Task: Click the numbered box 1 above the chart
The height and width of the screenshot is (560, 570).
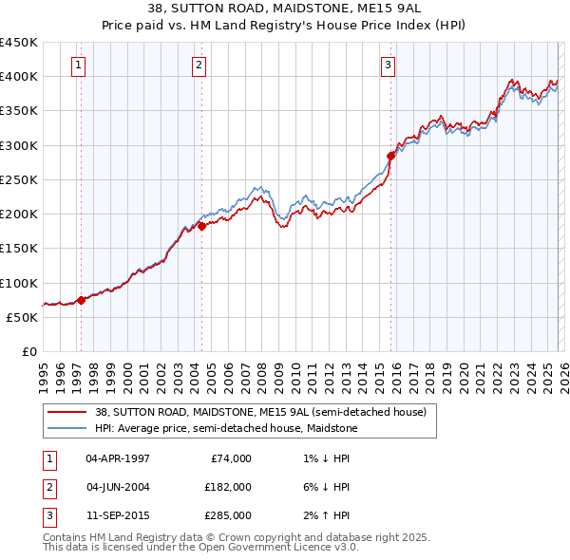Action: pyautogui.click(x=77, y=65)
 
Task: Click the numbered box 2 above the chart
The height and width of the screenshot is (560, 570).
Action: pyautogui.click(x=199, y=65)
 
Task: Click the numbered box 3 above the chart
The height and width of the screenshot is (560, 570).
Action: pyautogui.click(x=389, y=65)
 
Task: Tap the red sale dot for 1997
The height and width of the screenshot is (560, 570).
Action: pyautogui.click(x=81, y=300)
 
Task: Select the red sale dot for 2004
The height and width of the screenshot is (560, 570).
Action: pyautogui.click(x=201, y=226)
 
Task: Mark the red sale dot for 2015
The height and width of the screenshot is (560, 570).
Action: pyautogui.click(x=390, y=155)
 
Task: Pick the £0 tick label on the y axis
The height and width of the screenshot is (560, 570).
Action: pyautogui.click(x=28, y=351)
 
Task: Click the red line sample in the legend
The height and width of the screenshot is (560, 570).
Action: pyautogui.click(x=66, y=412)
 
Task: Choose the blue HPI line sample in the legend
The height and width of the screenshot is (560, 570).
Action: pyautogui.click(x=66, y=428)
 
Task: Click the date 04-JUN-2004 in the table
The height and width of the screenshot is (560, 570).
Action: pyautogui.click(x=117, y=487)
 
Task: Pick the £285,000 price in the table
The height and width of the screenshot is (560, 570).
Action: pyautogui.click(x=228, y=515)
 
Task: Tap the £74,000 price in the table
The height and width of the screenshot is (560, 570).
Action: pyautogui.click(x=231, y=458)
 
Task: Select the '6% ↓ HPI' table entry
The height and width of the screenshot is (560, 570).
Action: pyautogui.click(x=323, y=487)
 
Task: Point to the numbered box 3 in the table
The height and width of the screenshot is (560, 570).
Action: pyautogui.click(x=47, y=515)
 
